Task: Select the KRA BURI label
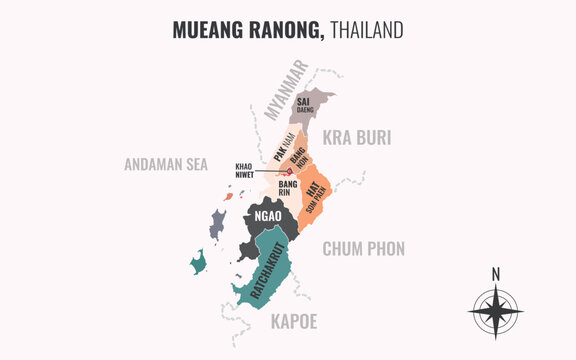(355, 138)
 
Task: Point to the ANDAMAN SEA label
(166, 164)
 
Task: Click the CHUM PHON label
(363, 249)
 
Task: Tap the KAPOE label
(293, 321)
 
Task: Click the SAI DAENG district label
(305, 105)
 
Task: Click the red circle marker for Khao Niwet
(289, 171)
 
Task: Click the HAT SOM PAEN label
(315, 189)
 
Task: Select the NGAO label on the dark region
(268, 216)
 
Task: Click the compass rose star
(495, 311)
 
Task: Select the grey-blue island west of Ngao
(217, 224)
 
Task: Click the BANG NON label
(298, 157)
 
